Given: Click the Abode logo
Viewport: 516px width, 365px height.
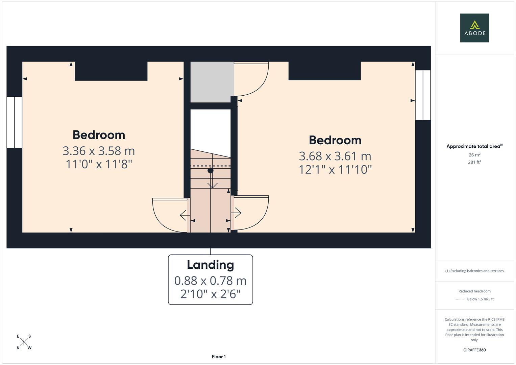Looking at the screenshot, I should coord(474,28).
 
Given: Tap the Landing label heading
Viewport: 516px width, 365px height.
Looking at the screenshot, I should coord(210,265).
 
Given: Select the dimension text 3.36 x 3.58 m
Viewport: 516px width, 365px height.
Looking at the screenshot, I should coord(99,151).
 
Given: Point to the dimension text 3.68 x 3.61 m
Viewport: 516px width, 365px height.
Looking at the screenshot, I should coord(335,156).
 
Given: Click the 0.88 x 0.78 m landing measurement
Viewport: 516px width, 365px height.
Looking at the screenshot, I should coord(210,281).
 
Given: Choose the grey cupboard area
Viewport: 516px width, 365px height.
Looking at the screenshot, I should coord(212,82).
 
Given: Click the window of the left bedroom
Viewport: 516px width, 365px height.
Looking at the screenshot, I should coord(14,122).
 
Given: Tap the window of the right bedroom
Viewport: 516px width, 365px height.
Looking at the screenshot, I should coord(423,95).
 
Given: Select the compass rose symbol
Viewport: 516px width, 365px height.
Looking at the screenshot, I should coord(24,342).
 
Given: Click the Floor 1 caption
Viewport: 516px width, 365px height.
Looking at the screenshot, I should coord(219,357).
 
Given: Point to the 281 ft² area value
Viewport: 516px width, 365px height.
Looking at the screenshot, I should coord(474,162).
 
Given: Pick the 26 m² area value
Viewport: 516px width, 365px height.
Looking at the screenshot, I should coord(474,155).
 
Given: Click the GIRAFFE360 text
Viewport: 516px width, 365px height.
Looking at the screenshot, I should coord(474,350).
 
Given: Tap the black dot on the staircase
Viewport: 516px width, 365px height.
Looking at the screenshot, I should coord(211,170).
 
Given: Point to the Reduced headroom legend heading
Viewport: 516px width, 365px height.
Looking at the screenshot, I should coord(474,291).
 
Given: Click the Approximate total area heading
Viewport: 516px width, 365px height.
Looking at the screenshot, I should coord(474,146).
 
